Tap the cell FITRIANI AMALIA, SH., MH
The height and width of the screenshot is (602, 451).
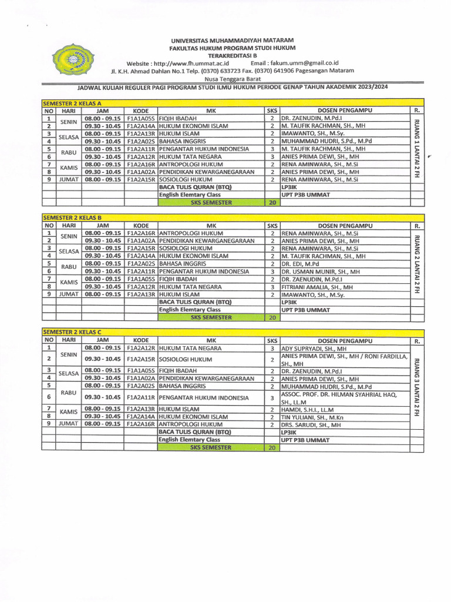click(x=317, y=287)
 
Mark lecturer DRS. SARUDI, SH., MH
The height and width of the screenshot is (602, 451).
click(x=311, y=424)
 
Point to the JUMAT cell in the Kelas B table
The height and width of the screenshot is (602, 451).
click(x=69, y=295)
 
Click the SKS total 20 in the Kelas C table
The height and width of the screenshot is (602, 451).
click(x=272, y=448)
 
